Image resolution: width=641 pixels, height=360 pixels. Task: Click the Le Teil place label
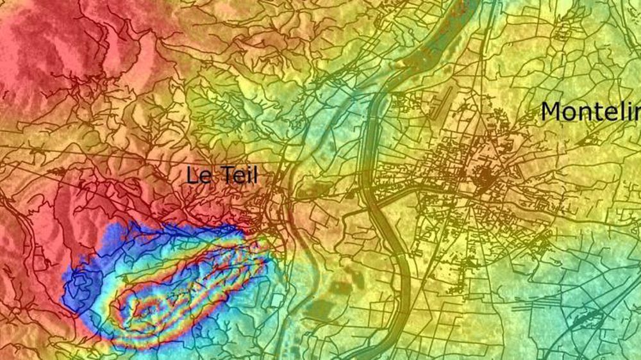point(222,175)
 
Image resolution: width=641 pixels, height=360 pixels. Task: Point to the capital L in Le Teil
point(193,175)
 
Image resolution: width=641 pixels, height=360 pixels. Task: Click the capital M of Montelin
point(552,111)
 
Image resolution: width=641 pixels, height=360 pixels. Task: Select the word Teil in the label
point(238,175)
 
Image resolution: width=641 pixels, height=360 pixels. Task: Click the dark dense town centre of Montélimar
point(484,176)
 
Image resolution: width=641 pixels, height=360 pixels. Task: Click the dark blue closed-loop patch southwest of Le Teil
point(81,288)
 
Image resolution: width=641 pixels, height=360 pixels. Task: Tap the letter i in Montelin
point(620,111)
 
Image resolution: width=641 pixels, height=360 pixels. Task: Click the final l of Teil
point(255,175)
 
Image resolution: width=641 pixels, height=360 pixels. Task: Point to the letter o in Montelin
point(569,113)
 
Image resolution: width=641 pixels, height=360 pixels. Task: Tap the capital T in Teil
point(225,175)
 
